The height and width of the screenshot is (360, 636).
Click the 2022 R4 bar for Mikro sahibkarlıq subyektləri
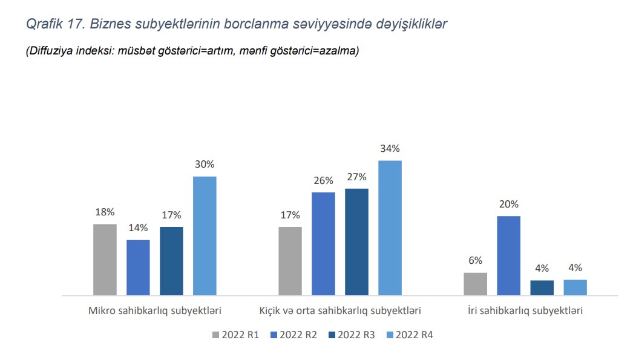tap(205, 236)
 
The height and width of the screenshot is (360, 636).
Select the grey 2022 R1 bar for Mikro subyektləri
tap(105, 260)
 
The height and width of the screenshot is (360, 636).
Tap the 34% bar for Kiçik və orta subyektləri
tap(390, 228)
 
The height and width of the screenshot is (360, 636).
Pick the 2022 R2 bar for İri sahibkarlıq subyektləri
tap(508, 255)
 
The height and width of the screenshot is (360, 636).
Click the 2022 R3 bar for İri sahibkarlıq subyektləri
tap(542, 287)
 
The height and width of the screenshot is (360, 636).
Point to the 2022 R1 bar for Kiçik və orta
tap(290, 261)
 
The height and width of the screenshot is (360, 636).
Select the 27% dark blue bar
tap(356, 242)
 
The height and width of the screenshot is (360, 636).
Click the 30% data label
tap(205, 165)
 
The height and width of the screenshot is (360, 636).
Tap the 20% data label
tap(508, 205)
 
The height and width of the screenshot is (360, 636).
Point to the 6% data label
tap(475, 261)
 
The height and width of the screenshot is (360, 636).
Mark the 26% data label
tap(323, 180)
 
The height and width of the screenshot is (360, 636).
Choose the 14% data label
tap(138, 228)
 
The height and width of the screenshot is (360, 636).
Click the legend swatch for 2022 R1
tap(216, 335)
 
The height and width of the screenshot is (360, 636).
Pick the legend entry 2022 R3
tap(356, 335)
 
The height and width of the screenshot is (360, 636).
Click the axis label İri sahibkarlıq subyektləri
tap(525, 312)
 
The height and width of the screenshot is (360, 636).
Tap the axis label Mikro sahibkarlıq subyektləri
tap(155, 312)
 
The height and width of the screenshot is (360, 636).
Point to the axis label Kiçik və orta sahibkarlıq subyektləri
tap(339, 312)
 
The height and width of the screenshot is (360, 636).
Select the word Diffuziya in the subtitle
tap(49, 51)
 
